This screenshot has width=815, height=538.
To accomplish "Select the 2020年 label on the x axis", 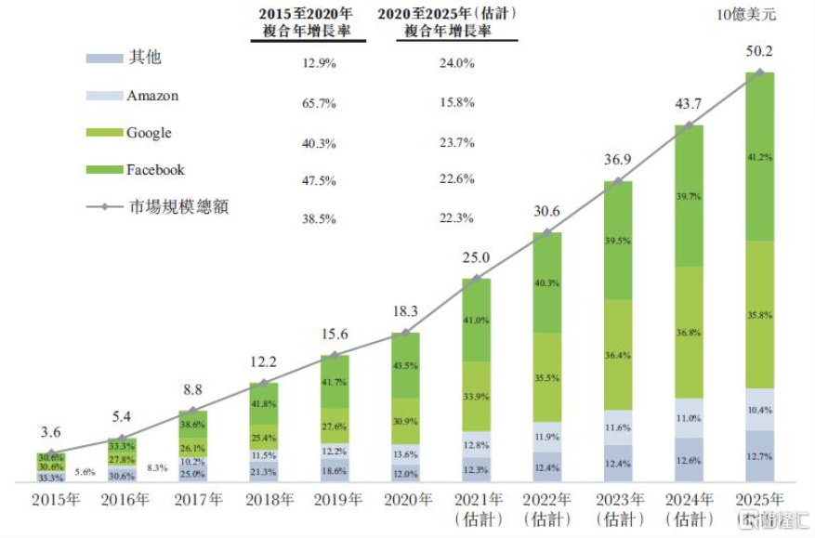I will click(x=405, y=500).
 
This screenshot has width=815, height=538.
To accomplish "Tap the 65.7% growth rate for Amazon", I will click(x=319, y=104).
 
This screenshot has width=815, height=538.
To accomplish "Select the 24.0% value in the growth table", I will click(x=456, y=64).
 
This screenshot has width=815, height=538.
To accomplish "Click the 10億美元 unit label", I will click(x=745, y=14).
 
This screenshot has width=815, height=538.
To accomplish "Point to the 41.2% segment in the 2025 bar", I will click(x=759, y=157).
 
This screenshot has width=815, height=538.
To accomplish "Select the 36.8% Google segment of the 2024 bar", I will click(x=689, y=333).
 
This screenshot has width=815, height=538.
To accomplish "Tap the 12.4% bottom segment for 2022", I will click(x=547, y=466).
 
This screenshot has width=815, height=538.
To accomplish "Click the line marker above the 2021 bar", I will click(x=477, y=278).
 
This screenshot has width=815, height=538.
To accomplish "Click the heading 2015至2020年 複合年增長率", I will click(x=308, y=23).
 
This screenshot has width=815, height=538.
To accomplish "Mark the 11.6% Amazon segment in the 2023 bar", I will click(x=618, y=427).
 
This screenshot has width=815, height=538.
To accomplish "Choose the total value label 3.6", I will click(x=51, y=432).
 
